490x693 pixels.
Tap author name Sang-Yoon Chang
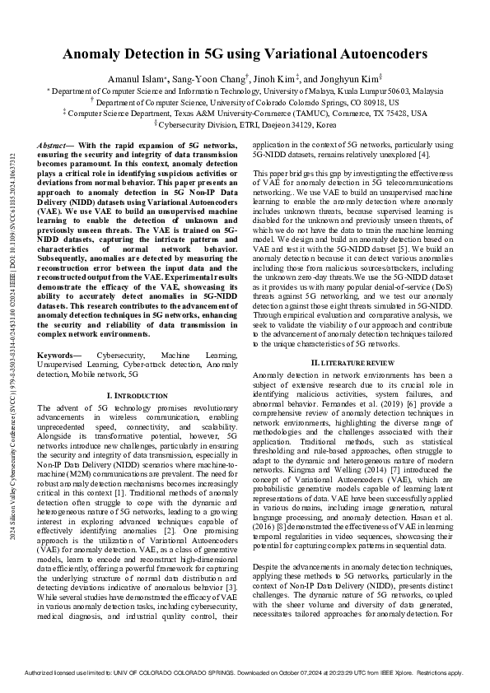point(232,77)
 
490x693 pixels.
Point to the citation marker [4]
point(426,154)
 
